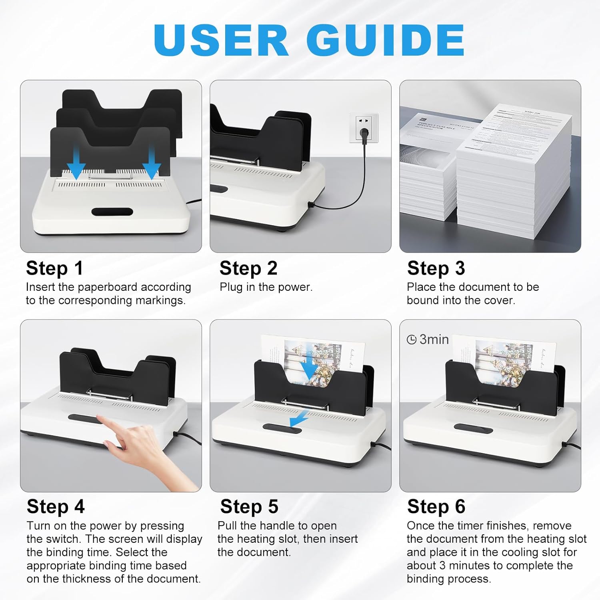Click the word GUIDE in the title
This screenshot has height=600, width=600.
pyautogui.click(x=385, y=40)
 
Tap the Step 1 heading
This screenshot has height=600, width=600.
pyautogui.click(x=54, y=268)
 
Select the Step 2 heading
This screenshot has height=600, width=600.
pyautogui.click(x=248, y=268)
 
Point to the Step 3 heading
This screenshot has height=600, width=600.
pyautogui.click(x=436, y=268)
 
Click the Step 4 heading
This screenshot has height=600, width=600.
pyautogui.click(x=56, y=507)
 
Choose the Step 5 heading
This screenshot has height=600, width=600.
pyautogui.click(x=249, y=507)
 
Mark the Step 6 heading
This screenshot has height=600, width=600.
pyautogui.click(x=436, y=507)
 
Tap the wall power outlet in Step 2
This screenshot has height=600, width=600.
pyautogui.click(x=364, y=128)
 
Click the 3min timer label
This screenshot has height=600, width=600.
pyautogui.click(x=434, y=340)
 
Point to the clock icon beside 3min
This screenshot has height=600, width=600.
pyautogui.click(x=412, y=340)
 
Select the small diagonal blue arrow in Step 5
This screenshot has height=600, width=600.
pyautogui.click(x=298, y=419)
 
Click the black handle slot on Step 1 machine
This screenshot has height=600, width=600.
pyautogui.click(x=112, y=212)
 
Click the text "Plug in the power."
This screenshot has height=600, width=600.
pyautogui.click(x=266, y=287)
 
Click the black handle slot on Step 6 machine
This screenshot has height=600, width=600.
pyautogui.click(x=473, y=428)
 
